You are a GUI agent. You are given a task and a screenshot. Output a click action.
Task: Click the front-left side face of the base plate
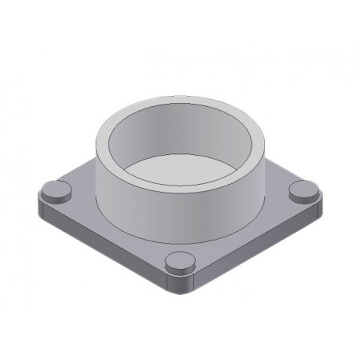pos(102,252)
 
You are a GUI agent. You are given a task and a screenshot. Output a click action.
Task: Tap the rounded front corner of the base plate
pos(180,289)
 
